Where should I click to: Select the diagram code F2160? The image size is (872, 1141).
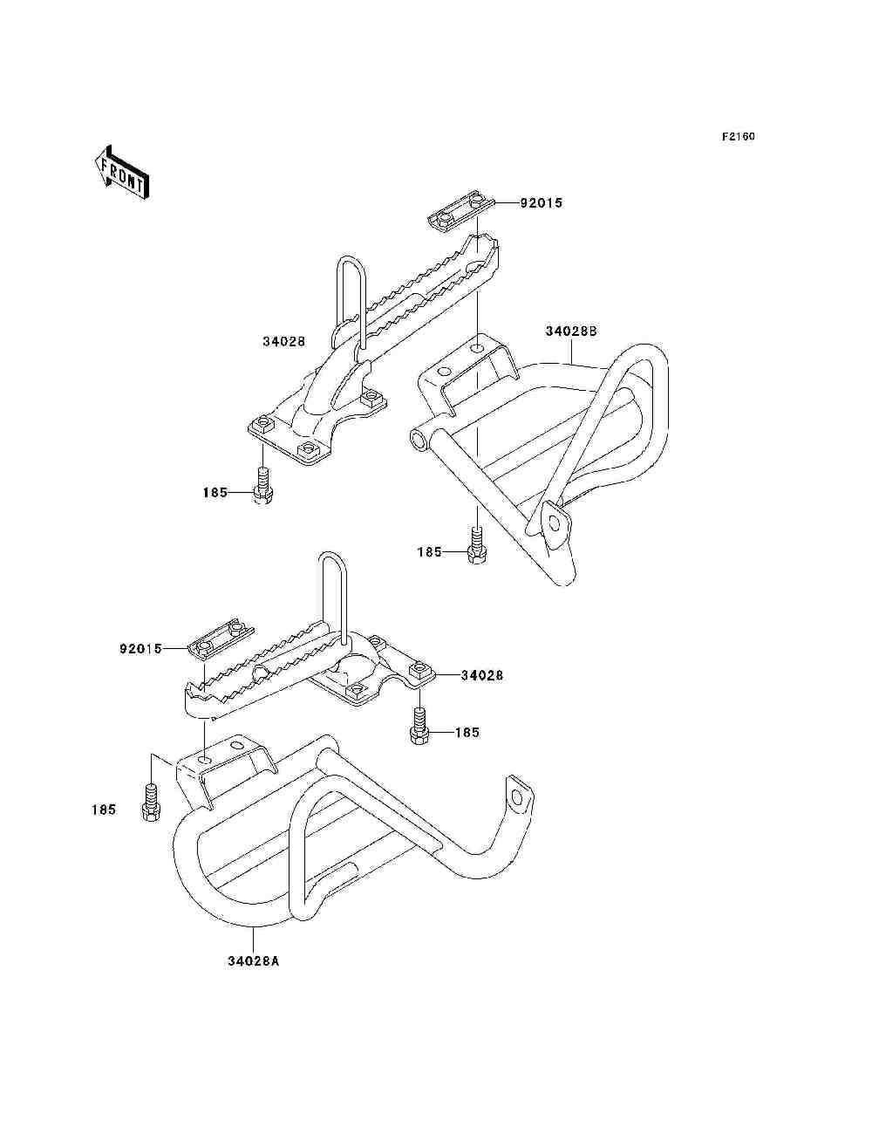coord(738,137)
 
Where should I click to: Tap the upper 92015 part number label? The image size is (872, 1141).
coord(542,202)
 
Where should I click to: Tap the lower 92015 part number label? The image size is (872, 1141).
coord(141,649)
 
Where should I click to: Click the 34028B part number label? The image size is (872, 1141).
coord(571,331)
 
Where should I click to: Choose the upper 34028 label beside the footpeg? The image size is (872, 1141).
coord(283,342)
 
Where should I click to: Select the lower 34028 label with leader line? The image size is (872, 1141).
coord(481,676)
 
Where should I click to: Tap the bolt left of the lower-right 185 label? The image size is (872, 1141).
coord(419,725)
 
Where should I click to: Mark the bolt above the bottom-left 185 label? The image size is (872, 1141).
coord(151,803)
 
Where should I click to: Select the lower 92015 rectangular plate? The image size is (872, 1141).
coord(221,640)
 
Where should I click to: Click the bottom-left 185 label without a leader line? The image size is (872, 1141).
coord(104,810)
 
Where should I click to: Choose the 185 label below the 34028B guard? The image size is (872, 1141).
coord(429,552)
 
